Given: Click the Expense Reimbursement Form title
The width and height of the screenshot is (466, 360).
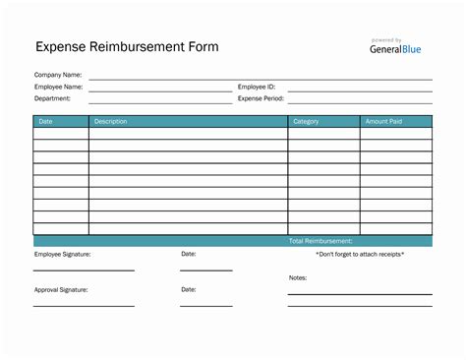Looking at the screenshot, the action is click(x=127, y=46).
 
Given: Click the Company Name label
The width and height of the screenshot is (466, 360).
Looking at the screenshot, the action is click(x=57, y=75).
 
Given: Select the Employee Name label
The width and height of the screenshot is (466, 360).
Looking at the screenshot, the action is click(x=58, y=87).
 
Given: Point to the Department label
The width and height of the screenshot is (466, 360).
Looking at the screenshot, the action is click(x=52, y=98).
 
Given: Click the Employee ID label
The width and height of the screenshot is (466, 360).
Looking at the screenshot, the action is click(x=257, y=87).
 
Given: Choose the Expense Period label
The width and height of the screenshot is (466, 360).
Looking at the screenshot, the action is click(x=261, y=98).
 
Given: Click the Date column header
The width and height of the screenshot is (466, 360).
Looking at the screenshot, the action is click(x=46, y=121).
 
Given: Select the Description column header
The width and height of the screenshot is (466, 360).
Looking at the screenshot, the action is click(x=111, y=121).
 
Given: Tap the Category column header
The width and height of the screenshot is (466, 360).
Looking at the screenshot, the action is click(x=306, y=121).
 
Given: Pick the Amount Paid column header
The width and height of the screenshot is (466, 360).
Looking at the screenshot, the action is click(x=382, y=121).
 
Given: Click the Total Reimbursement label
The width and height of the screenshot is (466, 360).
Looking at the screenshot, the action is click(x=320, y=241).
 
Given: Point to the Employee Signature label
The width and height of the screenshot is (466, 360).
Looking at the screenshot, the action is click(x=62, y=254).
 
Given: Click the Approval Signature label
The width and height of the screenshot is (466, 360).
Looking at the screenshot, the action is click(x=61, y=289).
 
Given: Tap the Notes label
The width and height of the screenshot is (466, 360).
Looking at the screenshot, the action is click(x=298, y=277).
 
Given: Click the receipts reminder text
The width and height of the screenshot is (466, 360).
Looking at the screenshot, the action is click(x=360, y=254).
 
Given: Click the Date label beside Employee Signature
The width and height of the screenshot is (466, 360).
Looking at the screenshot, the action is click(x=189, y=254).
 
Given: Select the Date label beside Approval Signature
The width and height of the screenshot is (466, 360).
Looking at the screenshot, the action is click(x=189, y=289).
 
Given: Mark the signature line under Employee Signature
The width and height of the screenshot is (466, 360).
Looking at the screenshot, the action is click(x=84, y=270).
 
